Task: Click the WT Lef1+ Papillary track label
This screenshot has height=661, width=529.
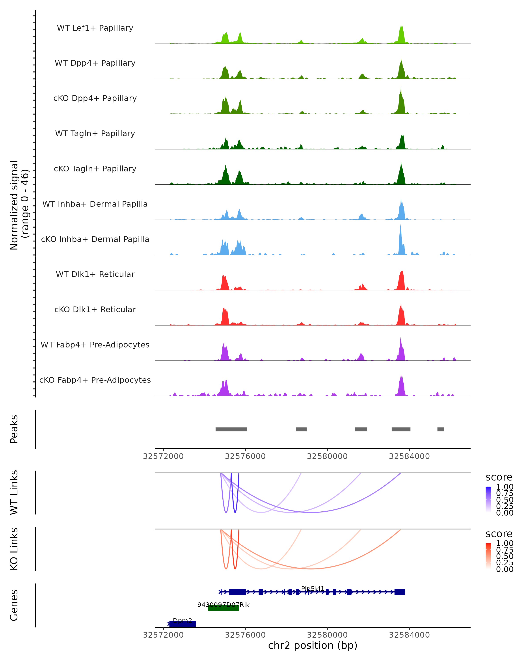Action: [95, 28]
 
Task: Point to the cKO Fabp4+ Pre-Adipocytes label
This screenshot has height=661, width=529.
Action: [95, 380]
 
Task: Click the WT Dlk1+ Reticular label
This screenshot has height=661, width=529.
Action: [95, 274]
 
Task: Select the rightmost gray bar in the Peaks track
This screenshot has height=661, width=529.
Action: [440, 429]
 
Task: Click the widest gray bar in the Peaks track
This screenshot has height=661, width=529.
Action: [231, 429]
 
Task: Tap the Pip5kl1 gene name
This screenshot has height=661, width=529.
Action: [313, 589]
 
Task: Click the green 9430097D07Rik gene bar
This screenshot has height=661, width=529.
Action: [223, 608]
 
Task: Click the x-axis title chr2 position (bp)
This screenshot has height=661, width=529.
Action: [313, 645]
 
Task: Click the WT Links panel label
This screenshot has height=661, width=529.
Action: [14, 492]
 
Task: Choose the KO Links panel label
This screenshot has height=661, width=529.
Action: [14, 549]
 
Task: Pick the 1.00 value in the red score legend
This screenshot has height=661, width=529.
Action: [505, 543]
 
